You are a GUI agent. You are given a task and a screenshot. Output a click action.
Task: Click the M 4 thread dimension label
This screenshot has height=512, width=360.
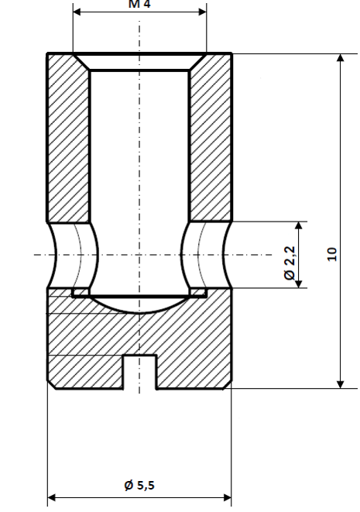click(x=139, y=4)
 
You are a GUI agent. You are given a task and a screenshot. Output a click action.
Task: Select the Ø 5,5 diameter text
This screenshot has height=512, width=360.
click(x=139, y=486)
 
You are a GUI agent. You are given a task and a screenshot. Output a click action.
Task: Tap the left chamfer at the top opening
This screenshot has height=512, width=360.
click(x=81, y=62)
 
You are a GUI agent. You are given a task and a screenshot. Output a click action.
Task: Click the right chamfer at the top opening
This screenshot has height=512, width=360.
click(x=199, y=62)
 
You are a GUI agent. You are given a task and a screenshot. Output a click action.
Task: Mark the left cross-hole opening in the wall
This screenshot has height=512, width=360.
click(x=74, y=254)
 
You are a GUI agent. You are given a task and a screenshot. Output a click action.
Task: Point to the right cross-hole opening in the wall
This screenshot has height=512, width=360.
click(x=204, y=254)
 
